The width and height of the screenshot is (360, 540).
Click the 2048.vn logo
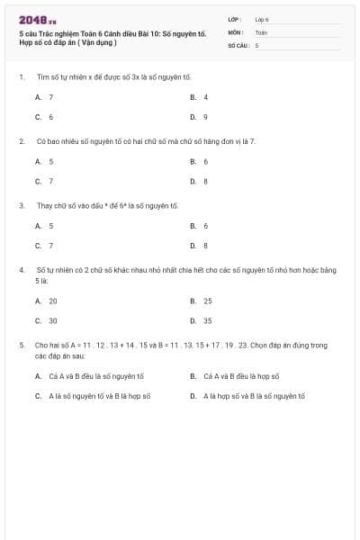[37, 20]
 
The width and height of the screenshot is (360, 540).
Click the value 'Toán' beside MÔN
[261, 31]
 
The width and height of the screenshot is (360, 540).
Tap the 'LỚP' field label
[235, 19]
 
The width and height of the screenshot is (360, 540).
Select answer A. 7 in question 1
[44, 96]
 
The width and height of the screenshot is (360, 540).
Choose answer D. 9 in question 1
[199, 117]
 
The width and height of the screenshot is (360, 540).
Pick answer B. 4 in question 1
[199, 96]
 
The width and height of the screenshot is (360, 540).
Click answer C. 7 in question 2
[44, 181]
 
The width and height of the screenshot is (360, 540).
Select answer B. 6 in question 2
[199, 161]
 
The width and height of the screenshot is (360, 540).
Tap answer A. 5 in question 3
[44, 226]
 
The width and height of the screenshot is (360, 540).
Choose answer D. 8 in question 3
[199, 246]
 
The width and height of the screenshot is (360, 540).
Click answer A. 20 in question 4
[46, 301]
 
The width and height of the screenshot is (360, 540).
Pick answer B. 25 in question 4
[201, 301]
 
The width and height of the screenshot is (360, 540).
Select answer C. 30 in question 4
[46, 320]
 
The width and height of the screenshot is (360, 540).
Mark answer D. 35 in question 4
[201, 320]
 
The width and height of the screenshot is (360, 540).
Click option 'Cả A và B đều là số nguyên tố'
[89, 376]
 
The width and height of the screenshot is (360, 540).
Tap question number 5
[21, 345]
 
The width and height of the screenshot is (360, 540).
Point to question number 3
[21, 205]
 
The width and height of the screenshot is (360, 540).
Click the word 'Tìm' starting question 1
[41, 77]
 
